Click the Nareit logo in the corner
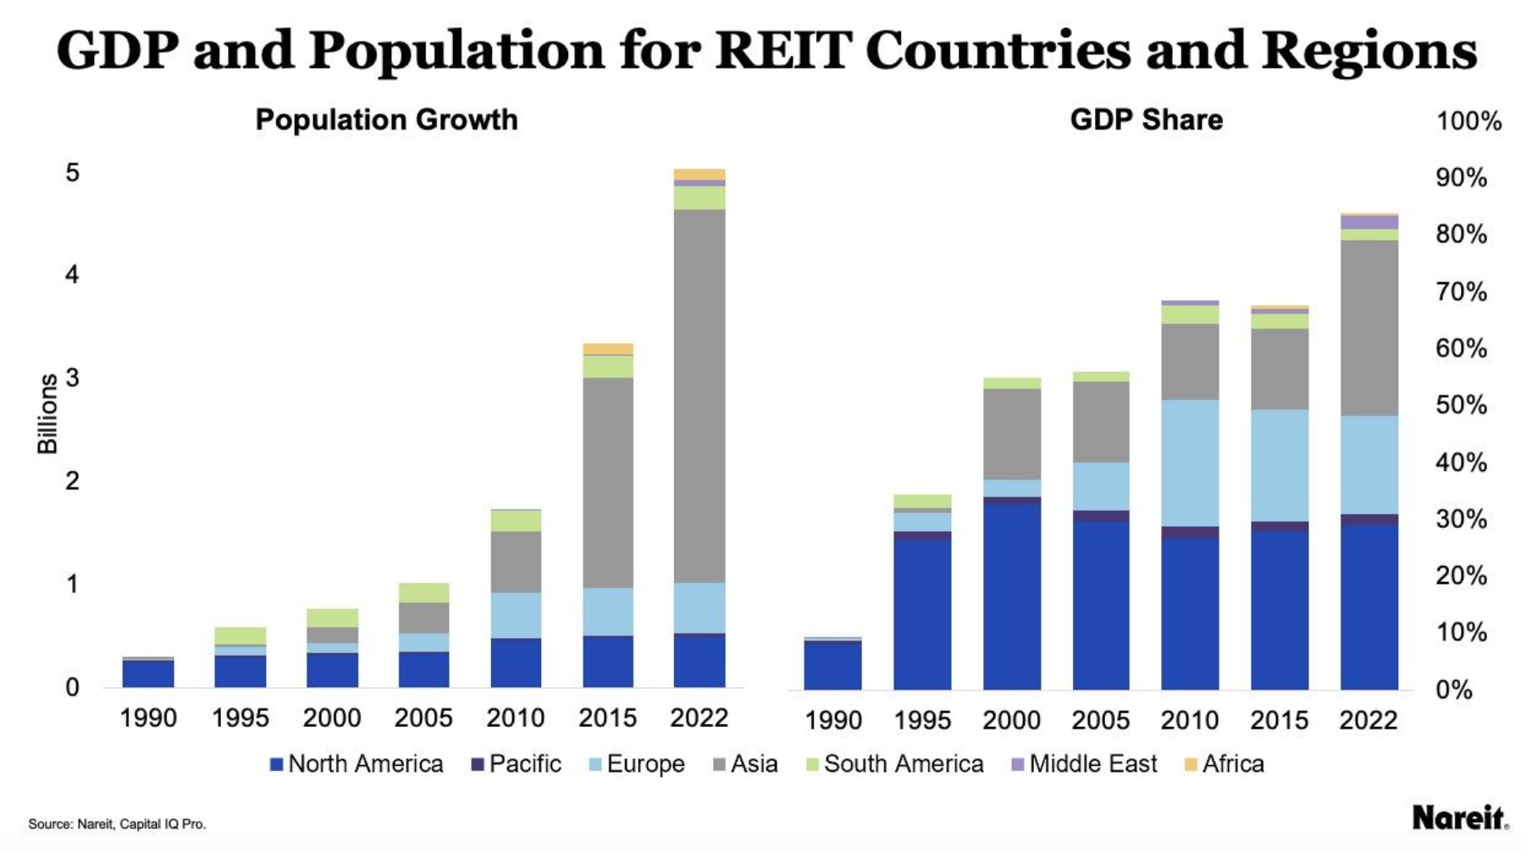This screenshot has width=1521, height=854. coord(1459,818)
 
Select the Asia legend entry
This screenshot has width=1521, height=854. coord(745,764)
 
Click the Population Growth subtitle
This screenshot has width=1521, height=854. coord(386,120)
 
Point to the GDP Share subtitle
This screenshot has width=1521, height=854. coord(1146,120)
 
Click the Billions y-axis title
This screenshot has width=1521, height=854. coord(47,413)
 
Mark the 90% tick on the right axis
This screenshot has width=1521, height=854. coord(1461,178)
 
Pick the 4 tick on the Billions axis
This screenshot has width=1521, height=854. coord(72,274)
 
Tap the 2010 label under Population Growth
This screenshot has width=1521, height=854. coord(515,718)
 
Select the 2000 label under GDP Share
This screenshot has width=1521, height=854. coord(1011,720)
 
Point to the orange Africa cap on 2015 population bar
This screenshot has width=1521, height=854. coord(607,349)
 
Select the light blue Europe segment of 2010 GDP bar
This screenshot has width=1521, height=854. coord(1190,463)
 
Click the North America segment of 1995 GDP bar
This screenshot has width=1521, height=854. coord(922,613)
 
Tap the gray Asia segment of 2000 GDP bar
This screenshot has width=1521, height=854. coord(1012,434)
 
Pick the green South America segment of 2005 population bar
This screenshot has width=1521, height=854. coord(423,592)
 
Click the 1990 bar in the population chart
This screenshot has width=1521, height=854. coord(148,673)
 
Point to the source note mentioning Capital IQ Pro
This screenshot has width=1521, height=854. coord(117,823)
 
